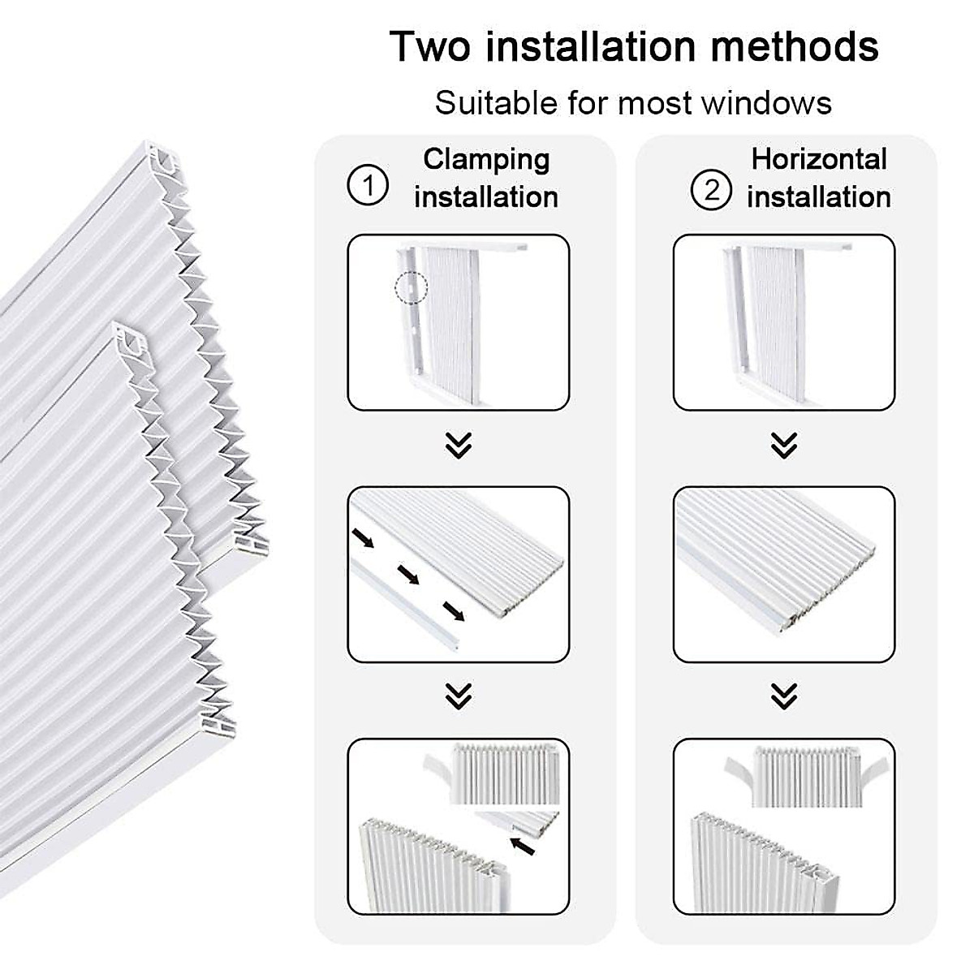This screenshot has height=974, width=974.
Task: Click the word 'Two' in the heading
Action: (x=429, y=46)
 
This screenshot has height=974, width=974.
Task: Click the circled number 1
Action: (x=368, y=187)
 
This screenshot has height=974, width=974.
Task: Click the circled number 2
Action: (x=711, y=191)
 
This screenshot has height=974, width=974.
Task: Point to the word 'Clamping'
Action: (x=486, y=160)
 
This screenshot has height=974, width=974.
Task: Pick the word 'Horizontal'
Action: (x=819, y=159)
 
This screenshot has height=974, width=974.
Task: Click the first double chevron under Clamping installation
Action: (x=459, y=445)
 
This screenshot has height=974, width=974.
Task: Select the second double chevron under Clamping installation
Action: (x=459, y=696)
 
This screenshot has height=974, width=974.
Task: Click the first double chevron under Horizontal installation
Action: (x=783, y=445)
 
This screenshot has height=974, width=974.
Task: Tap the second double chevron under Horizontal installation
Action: (x=783, y=696)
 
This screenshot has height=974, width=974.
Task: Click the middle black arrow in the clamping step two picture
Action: (x=407, y=575)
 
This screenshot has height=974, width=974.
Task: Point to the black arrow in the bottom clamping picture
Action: (x=524, y=847)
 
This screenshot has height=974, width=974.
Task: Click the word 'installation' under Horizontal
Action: (x=819, y=197)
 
